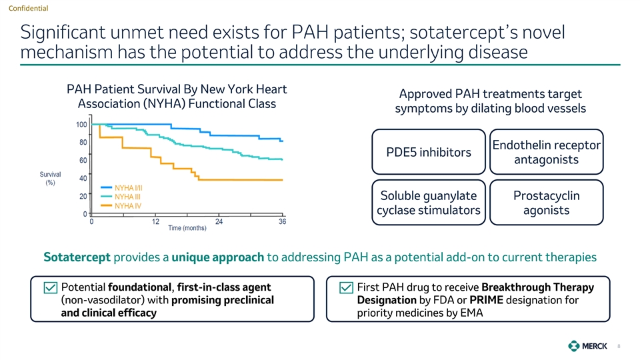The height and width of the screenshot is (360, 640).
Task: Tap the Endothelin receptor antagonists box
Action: (545, 153)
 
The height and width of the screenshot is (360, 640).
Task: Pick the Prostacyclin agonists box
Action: (545, 203)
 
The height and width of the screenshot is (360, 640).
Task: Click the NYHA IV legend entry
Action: (128, 206)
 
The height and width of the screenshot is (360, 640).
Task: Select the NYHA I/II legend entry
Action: (129, 187)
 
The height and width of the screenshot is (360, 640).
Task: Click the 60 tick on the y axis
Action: (83, 161)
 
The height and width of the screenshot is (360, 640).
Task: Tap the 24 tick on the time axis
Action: (219, 221)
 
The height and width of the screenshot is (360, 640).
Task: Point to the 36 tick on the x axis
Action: (283, 221)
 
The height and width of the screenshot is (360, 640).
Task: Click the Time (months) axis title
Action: (187, 228)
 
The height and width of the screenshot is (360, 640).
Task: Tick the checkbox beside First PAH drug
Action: (346, 288)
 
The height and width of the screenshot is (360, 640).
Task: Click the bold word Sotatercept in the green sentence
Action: (78, 257)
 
